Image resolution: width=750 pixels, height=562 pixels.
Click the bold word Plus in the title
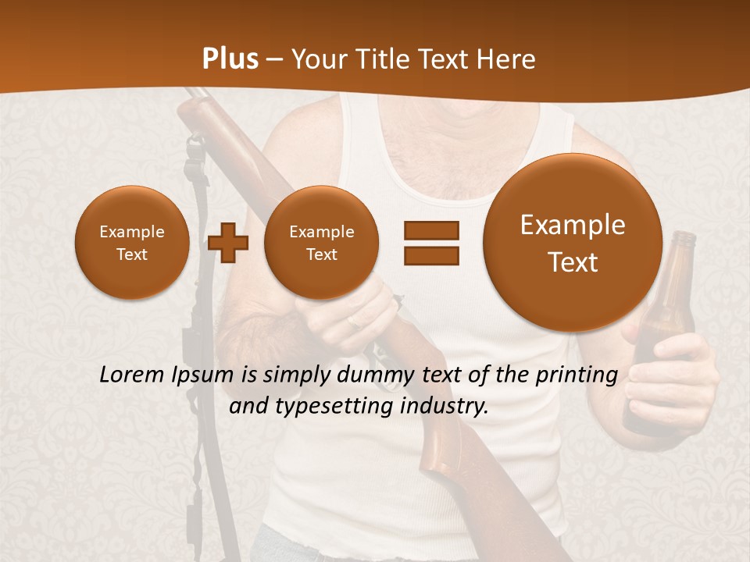(x=230, y=59)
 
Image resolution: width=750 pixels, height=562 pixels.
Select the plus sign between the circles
(x=228, y=242)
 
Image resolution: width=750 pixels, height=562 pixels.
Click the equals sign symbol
(x=431, y=242)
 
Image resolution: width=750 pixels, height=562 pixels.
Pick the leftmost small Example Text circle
(x=131, y=242)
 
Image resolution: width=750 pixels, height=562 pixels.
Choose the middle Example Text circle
(x=321, y=242)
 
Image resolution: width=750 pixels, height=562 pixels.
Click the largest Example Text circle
(x=573, y=243)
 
